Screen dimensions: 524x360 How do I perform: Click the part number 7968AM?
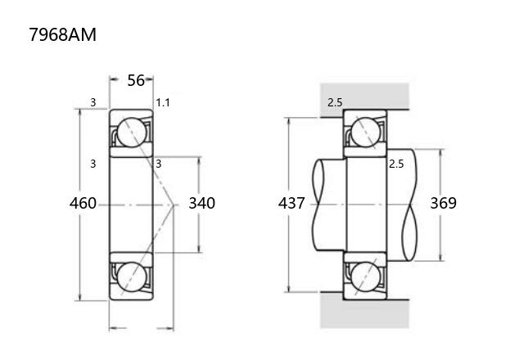tap(62, 34)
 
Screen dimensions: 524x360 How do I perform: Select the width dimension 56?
tap(136, 80)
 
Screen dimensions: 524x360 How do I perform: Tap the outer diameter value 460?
tap(83, 203)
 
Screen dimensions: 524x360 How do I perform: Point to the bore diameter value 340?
tap(202, 203)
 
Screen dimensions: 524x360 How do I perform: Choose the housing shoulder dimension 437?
tap(291, 203)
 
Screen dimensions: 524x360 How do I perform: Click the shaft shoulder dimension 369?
tap(443, 203)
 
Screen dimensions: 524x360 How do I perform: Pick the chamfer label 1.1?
tap(163, 102)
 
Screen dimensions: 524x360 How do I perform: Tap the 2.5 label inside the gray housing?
tap(335, 102)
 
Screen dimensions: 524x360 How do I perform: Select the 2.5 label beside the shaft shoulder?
tap(396, 164)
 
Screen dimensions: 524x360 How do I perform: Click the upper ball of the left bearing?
tap(132, 133)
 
